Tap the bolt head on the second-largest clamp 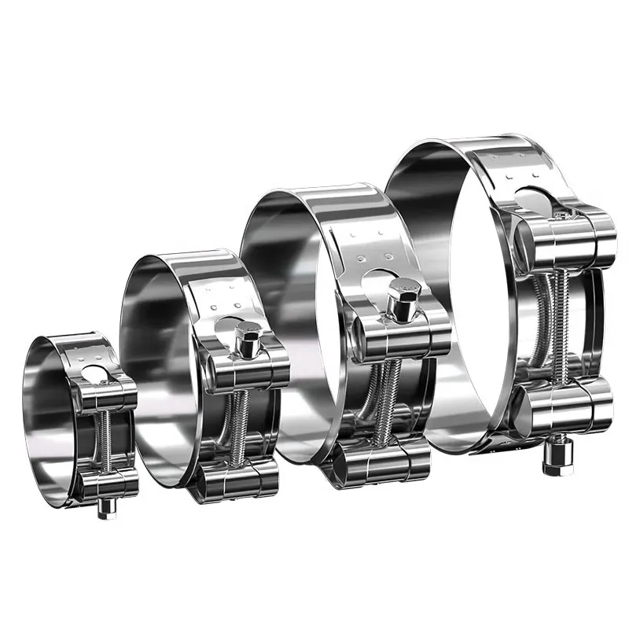(x=403, y=297)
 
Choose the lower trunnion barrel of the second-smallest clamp (x=236, y=477)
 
